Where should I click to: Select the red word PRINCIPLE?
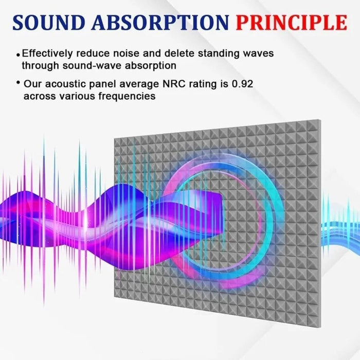[291, 22]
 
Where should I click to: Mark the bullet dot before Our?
[19, 83]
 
